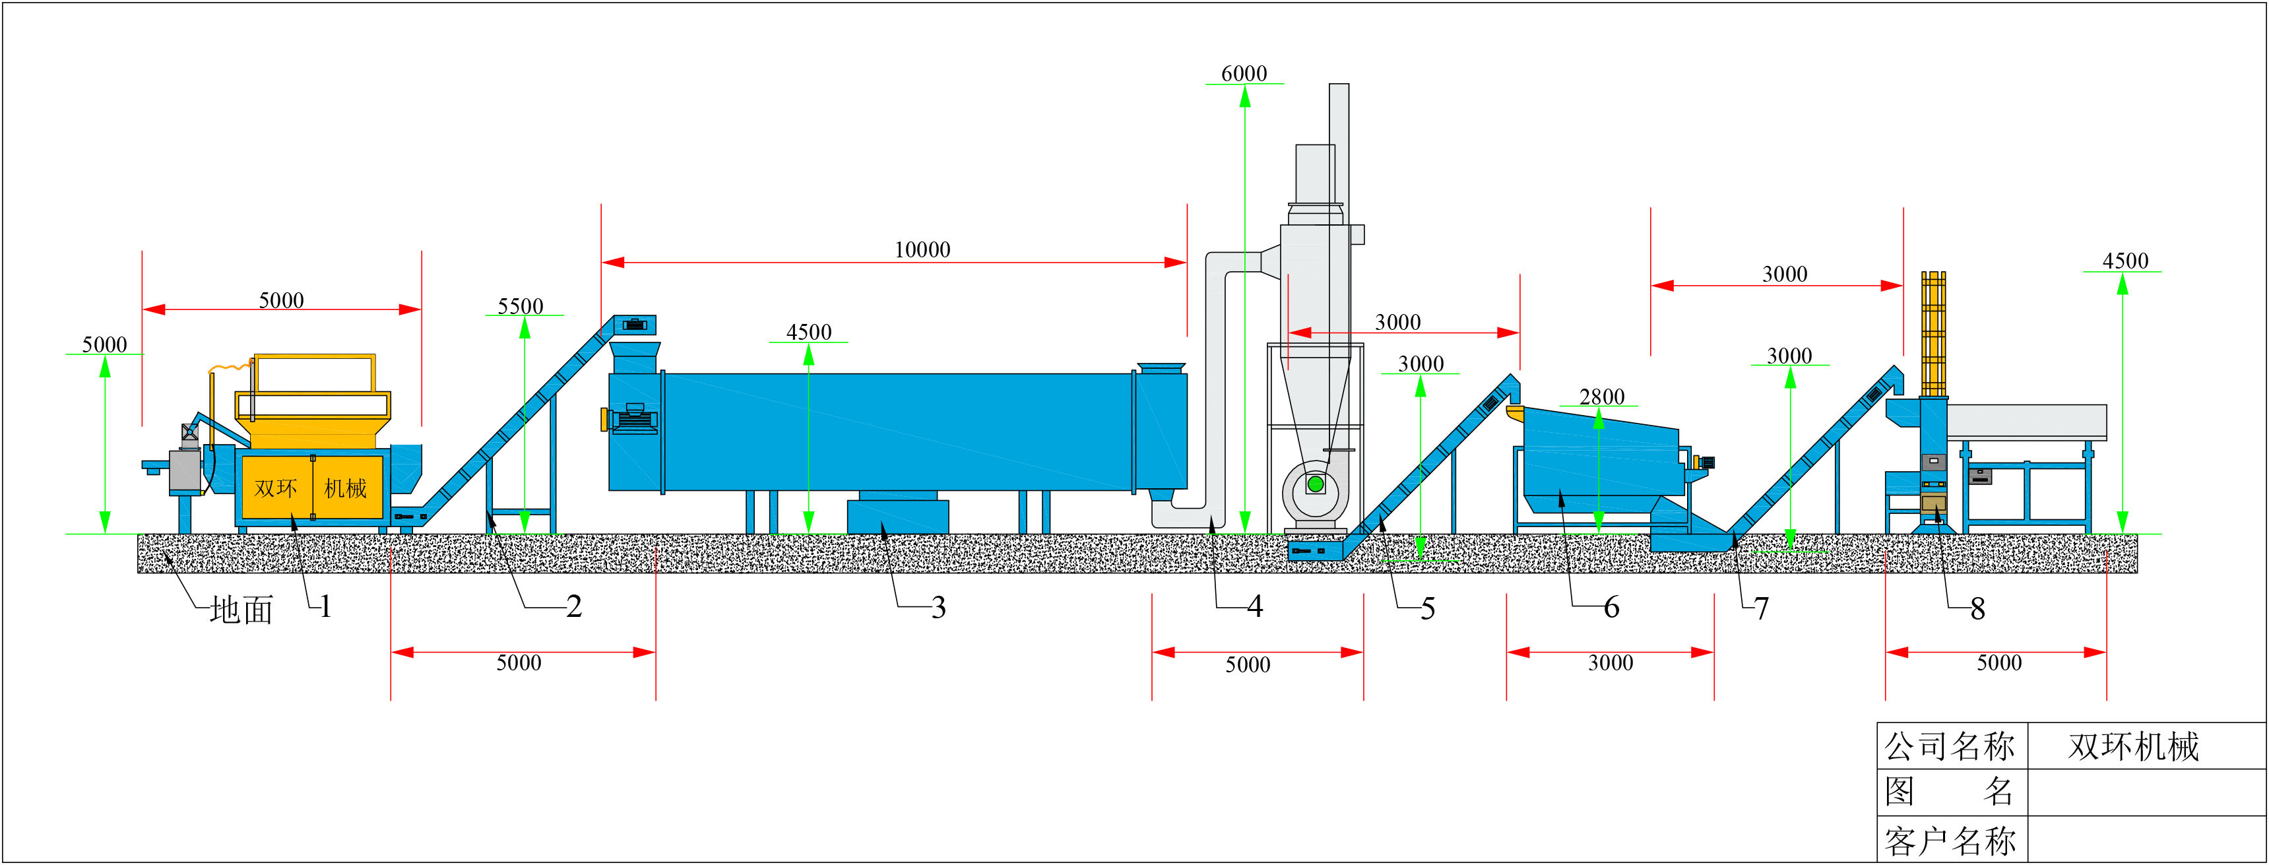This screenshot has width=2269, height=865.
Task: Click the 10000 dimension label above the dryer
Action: click(x=922, y=250)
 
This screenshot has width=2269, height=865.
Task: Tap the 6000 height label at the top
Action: click(x=1244, y=74)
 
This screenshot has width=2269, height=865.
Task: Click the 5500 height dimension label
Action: click(x=521, y=307)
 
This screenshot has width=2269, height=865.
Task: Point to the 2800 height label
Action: click(x=1601, y=397)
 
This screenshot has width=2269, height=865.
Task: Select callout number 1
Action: click(x=326, y=607)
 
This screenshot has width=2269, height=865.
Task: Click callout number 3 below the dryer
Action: click(x=938, y=608)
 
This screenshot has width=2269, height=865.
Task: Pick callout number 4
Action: click(x=1255, y=607)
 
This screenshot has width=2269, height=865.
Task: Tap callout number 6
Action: click(x=1611, y=608)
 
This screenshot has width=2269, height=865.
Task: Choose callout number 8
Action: click(x=1977, y=610)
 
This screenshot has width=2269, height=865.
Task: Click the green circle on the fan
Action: click(x=1315, y=484)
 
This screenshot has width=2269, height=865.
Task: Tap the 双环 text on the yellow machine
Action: click(x=275, y=488)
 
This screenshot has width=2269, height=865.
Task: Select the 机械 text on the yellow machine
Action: click(x=345, y=488)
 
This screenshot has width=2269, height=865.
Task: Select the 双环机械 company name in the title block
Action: click(x=2133, y=746)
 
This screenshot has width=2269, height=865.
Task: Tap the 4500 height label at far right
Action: click(x=2125, y=262)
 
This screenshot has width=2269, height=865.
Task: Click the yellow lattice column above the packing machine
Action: click(x=1933, y=335)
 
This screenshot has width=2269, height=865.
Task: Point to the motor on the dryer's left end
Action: click(x=634, y=418)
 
